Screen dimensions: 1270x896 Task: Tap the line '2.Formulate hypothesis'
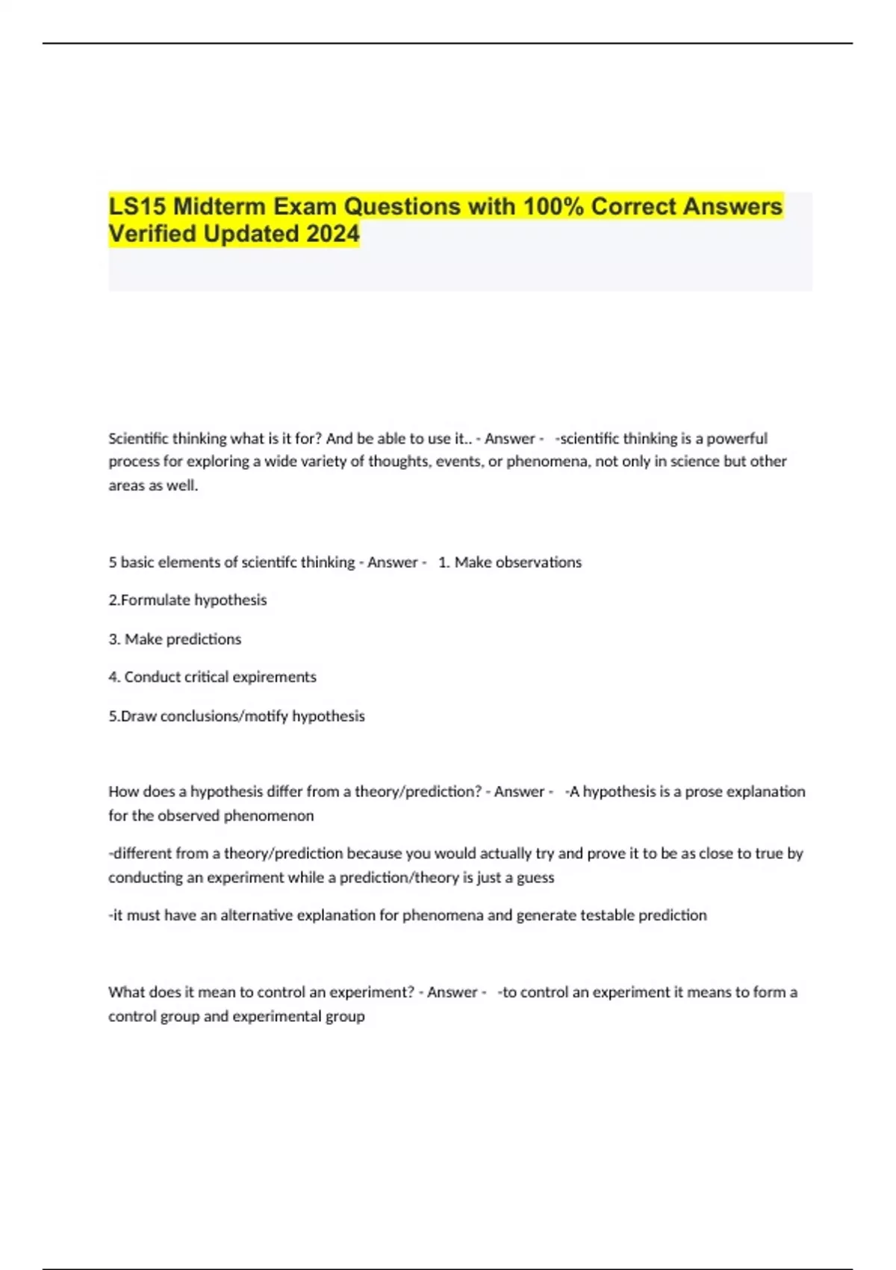pyautogui.click(x=187, y=600)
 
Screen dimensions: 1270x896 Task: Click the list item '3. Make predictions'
pyautogui.click(x=175, y=639)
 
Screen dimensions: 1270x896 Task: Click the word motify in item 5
pyautogui.click(x=267, y=716)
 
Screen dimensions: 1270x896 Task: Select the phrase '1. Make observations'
pyautogui.click(x=510, y=562)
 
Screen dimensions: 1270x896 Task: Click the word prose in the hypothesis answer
pyautogui.click(x=703, y=791)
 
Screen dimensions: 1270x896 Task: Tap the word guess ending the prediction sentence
pyautogui.click(x=535, y=877)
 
